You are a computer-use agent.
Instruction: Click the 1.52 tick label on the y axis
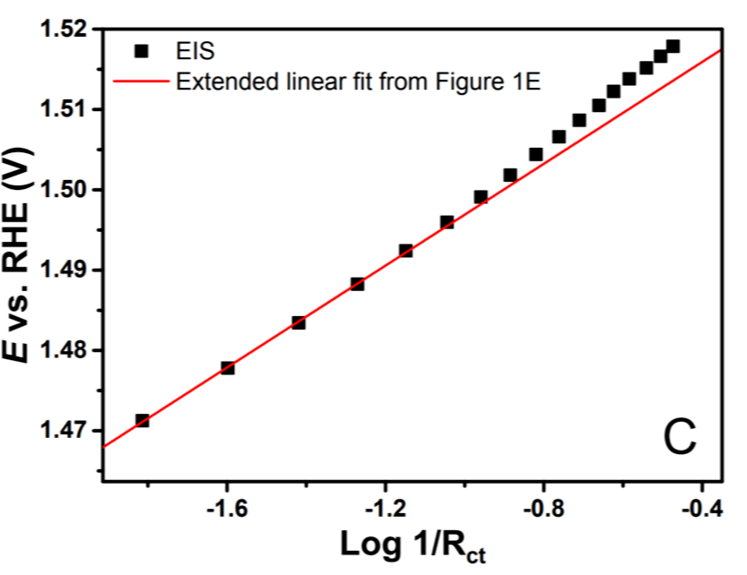pyautogui.click(x=65, y=30)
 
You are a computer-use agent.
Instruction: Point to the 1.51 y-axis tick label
pyautogui.click(x=65, y=110)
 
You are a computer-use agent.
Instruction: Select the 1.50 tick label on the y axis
pyautogui.click(x=65, y=190)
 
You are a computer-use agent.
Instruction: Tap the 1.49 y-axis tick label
pyautogui.click(x=65, y=270)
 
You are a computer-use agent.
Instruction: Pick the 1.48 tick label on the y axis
pyautogui.click(x=65, y=350)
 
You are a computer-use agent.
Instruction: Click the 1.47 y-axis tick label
pyautogui.click(x=65, y=431)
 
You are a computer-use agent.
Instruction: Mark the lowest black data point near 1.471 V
pyautogui.click(x=142, y=420)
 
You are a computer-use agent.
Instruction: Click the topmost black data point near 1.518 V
pyautogui.click(x=673, y=46)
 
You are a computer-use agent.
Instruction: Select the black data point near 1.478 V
pyautogui.click(x=228, y=368)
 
